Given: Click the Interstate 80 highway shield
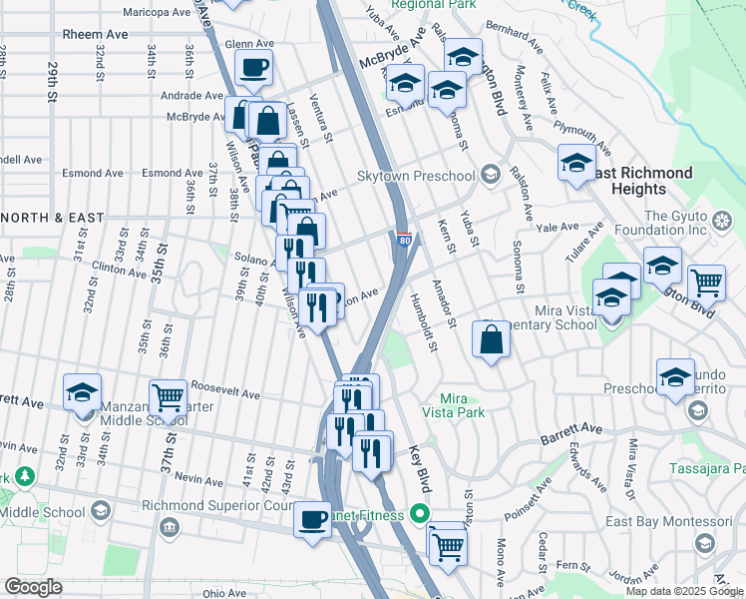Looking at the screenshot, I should tap(403, 240).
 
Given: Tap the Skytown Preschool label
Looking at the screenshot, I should tap(417, 177).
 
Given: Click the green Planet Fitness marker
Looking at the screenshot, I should tap(419, 515).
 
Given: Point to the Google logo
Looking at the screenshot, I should tap(33, 587).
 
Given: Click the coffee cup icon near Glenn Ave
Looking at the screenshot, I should tap(252, 68).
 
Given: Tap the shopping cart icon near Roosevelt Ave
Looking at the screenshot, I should tap(168, 396).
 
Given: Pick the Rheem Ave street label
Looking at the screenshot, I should tap(95, 34).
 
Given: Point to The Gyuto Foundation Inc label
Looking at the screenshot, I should tap(688, 224).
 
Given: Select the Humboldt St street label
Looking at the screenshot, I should tap(425, 323).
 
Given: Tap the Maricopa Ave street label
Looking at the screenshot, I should tap(157, 13).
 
